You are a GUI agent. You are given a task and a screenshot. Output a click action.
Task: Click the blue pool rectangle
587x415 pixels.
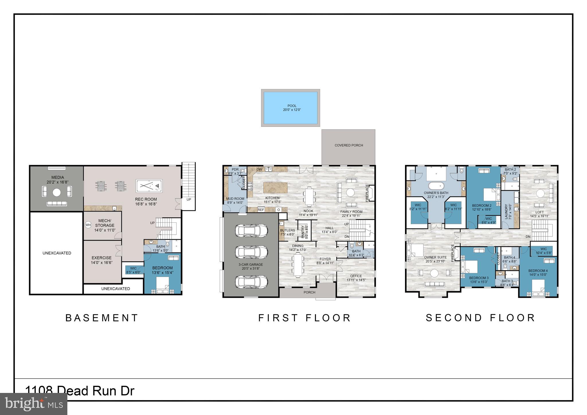pyautogui.click(x=290, y=108)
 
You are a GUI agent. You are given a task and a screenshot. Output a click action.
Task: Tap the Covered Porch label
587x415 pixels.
pyautogui.click(x=349, y=145)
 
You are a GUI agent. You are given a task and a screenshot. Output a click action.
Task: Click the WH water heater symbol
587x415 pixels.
pyautogui.click(x=88, y=225)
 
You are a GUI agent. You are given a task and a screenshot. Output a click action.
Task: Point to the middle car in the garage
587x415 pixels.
pyautogui.click(x=251, y=252)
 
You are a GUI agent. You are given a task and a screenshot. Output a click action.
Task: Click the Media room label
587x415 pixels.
pyautogui.click(x=58, y=177)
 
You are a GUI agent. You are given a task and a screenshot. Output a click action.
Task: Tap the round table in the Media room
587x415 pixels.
pyautogui.click(x=56, y=192)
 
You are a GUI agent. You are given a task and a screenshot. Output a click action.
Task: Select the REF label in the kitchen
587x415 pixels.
pyautogui.click(x=261, y=210)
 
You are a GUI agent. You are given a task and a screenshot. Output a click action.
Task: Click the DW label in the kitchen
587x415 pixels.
pyautogui.click(x=259, y=170)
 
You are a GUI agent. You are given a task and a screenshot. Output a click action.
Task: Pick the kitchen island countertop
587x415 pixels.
pyautogui.click(x=275, y=188)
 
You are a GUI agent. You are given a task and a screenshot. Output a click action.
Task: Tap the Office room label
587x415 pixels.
pyautogui.click(x=356, y=276)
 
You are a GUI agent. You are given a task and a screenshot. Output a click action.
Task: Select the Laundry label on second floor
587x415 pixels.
pyautogui.click(x=506, y=212)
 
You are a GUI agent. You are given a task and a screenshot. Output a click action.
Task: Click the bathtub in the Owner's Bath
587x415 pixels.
pyautogui.click(x=436, y=185)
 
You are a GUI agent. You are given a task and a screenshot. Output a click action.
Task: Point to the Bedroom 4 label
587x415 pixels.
pyautogui.click(x=538, y=271)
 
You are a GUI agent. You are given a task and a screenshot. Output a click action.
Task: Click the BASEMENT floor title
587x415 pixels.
pyautogui.click(x=102, y=318)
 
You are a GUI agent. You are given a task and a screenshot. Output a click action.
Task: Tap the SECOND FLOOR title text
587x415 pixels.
pyautogui.click(x=480, y=318)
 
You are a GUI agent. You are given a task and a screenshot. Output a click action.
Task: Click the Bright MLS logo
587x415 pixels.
pyautogui.click(x=34, y=404)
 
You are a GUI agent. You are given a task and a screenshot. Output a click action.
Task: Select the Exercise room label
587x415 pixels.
pyautogui.click(x=101, y=258)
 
